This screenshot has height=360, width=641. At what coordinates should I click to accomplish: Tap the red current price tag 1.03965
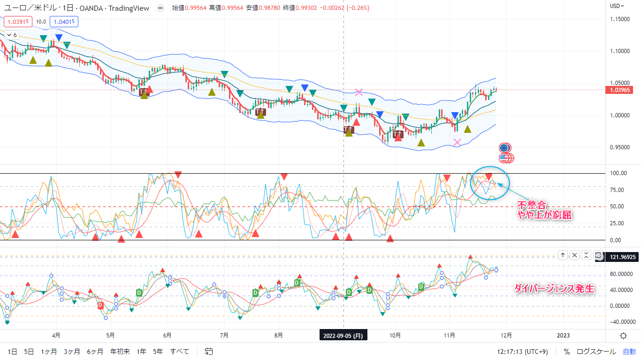tap(622, 90)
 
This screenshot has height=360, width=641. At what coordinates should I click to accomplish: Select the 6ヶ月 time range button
tap(95, 351)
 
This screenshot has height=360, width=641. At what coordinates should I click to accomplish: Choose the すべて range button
tap(180, 351)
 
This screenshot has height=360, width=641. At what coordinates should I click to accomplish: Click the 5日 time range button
tap(29, 351)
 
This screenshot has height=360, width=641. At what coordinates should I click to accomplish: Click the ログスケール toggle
tap(596, 351)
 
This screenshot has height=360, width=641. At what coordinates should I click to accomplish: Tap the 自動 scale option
tap(629, 351)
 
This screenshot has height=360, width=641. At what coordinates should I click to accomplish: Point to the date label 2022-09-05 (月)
tap(343, 335)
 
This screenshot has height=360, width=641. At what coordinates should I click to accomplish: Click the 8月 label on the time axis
tap(279, 335)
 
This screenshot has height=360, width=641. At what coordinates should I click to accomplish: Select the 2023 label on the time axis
tap(563, 335)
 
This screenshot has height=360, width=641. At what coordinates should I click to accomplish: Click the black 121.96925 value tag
tap(622, 256)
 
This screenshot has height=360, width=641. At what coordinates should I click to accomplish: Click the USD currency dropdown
tap(617, 6)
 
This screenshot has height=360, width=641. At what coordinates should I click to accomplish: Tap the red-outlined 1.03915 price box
tap(18, 21)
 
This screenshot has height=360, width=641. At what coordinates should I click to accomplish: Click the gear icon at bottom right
tap(623, 336)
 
